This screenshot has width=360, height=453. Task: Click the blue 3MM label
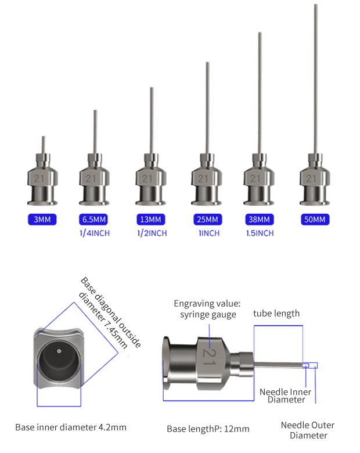(41, 220)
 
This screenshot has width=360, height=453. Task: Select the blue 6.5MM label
(93, 220)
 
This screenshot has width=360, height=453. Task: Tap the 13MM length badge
(151, 220)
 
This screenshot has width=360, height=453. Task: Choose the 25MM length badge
(207, 220)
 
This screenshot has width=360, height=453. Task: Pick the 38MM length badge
(258, 220)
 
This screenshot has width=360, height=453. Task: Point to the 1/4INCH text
(94, 233)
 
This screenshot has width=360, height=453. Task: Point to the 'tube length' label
(276, 314)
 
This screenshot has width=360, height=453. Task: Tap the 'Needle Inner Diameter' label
(285, 396)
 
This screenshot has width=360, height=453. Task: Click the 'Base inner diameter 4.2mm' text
(70, 427)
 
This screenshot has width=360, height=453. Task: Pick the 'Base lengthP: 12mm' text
(208, 429)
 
